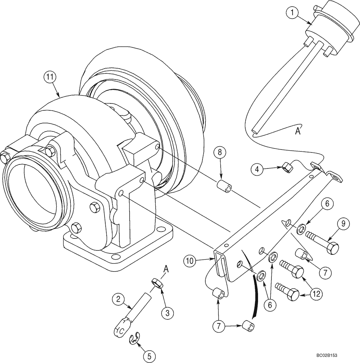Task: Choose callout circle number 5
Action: pyautogui.click(x=147, y=356)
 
